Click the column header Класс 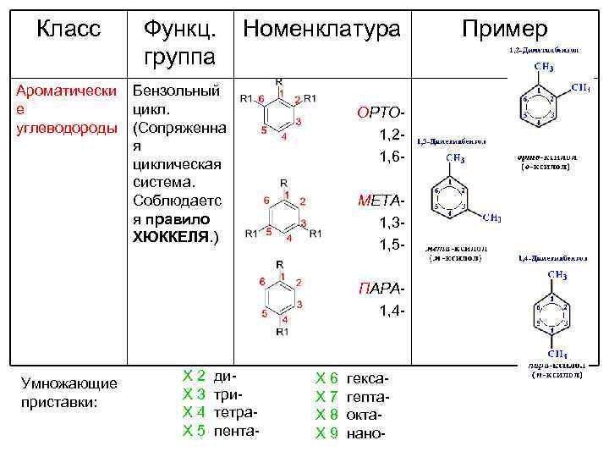point(69,29)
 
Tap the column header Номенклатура point(321,29)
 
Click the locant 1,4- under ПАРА point(392,311)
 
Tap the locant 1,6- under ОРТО point(392,157)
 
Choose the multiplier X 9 point(326,432)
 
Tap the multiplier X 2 point(194,375)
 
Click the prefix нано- point(365,432)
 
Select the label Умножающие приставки point(70,393)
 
